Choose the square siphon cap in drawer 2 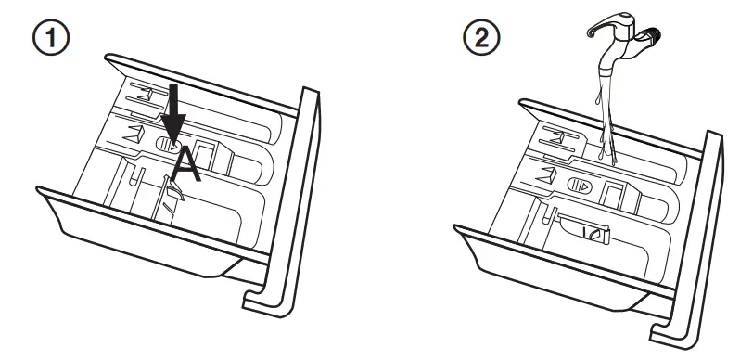[x=614, y=189]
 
